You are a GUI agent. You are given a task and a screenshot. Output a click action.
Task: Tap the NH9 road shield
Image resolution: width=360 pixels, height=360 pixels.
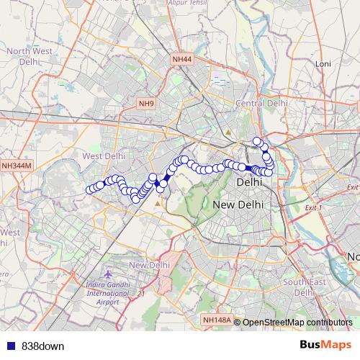pyautogui.click(x=147, y=104)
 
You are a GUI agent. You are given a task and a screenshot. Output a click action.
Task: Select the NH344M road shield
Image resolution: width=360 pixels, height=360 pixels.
pyautogui.click(x=17, y=166)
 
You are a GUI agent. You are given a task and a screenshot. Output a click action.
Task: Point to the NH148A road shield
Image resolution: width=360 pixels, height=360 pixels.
pyautogui.click(x=217, y=320)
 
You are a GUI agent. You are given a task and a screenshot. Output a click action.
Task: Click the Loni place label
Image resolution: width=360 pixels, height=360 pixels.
pyautogui.click(x=323, y=64)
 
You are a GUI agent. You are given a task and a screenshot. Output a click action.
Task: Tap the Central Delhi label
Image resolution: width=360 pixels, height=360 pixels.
pyautogui.click(x=261, y=104)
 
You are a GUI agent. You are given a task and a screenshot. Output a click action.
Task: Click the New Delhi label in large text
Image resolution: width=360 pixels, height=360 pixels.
pyautogui.click(x=238, y=206)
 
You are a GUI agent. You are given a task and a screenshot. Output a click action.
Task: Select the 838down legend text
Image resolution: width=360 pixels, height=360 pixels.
pyautogui.click(x=42, y=346)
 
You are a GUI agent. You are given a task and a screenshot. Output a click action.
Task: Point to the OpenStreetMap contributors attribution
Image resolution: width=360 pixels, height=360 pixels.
pyautogui.click(x=297, y=322)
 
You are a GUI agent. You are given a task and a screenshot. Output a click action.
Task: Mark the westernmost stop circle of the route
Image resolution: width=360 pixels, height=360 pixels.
pyautogui.click(x=91, y=190)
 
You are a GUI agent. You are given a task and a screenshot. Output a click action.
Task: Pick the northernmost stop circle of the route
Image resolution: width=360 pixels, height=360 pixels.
pyautogui.click(x=257, y=141)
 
